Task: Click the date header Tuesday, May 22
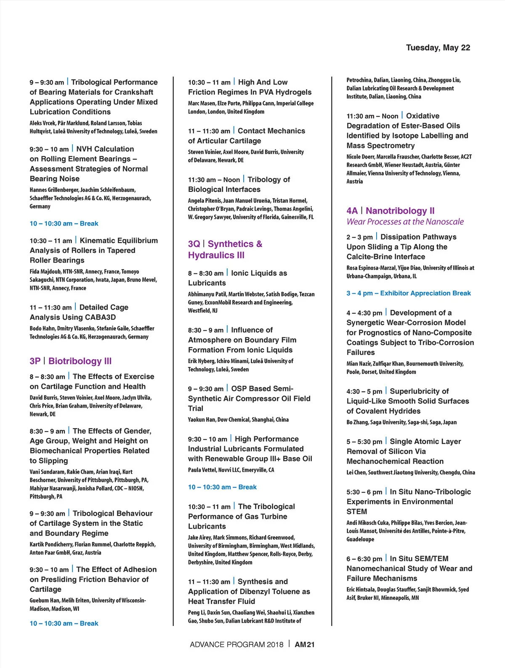tap(438, 48)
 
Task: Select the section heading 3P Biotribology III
tap(71, 361)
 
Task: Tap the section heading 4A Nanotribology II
tap(391, 211)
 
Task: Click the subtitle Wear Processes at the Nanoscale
tap(405, 222)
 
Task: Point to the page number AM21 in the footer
tap(305, 644)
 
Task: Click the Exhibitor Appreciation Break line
tap(408, 293)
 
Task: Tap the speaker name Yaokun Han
tap(202, 419)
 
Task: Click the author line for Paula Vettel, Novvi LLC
tap(231, 470)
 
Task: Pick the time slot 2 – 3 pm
tap(359, 237)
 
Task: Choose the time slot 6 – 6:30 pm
tap(364, 559)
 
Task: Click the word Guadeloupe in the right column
tap(360, 539)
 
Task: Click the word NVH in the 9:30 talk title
tap(84, 149)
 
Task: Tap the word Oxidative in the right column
tap(423, 116)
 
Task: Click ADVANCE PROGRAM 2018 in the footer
tap(237, 644)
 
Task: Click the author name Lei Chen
tap(356, 472)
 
